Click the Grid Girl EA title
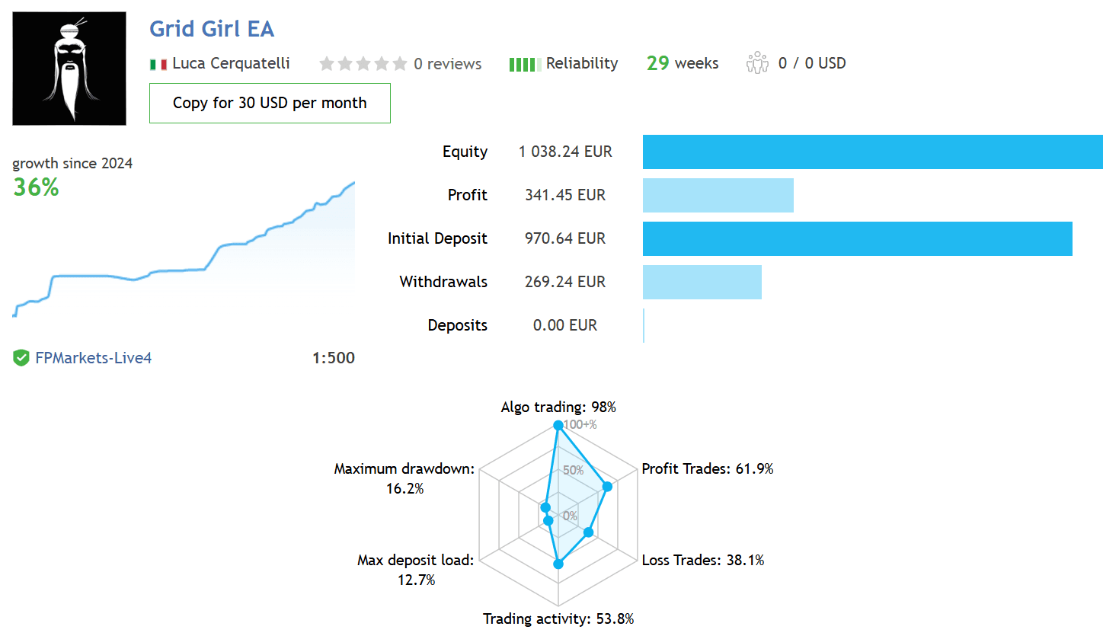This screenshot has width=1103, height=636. click(x=212, y=28)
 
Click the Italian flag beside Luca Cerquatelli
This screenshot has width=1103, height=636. click(x=158, y=64)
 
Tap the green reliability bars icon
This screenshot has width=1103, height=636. click(x=525, y=65)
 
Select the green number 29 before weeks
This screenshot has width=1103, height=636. click(x=658, y=63)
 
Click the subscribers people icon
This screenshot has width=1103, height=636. click(x=757, y=63)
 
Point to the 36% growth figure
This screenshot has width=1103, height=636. click(x=36, y=187)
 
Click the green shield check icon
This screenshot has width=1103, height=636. click(x=21, y=358)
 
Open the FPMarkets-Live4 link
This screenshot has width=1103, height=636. click(x=94, y=358)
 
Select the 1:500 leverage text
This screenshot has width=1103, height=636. click(x=334, y=358)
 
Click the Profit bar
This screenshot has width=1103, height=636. click(x=718, y=196)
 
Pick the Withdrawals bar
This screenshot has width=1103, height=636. click(x=702, y=282)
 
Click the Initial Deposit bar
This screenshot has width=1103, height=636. click(x=857, y=238)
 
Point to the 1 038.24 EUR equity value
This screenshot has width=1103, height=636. click(x=564, y=152)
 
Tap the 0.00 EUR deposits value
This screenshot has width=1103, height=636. click(x=564, y=325)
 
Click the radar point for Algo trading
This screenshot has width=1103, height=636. click(x=558, y=425)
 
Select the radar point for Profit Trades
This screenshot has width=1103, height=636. click(x=608, y=487)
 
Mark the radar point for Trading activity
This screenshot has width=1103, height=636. click(x=558, y=564)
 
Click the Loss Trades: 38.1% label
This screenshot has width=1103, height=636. click(x=702, y=560)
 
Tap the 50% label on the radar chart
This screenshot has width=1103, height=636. click(x=573, y=470)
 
